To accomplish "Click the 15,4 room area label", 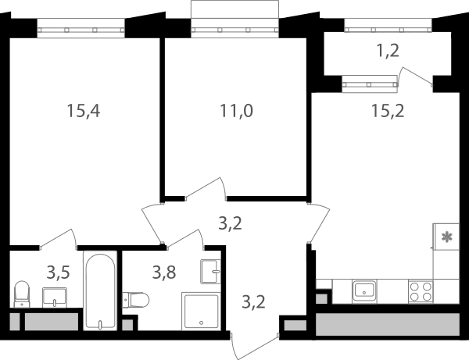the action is pos(84,111).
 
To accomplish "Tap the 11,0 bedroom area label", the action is pos(236,111).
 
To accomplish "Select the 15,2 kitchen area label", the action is pos(388,111).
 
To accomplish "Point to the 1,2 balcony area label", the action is pos(388,51).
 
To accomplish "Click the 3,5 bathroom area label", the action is pos(59,273).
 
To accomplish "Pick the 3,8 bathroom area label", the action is pos(164,273).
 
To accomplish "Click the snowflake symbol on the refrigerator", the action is pos(447,237).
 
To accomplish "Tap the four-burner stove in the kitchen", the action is pos(421,291).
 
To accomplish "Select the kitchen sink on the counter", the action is pos(364,290).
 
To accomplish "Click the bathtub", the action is pos(100,290).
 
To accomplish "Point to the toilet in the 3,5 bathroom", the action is pos(22,294).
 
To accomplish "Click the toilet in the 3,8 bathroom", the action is pos(136,300).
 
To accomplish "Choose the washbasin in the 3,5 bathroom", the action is pos(55,298).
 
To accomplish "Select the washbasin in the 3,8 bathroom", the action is pos(210,272).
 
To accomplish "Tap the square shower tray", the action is pos(202,312).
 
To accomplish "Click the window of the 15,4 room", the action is pos(81,28).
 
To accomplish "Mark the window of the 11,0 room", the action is pos(234,28).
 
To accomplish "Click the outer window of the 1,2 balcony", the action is pos(388,26).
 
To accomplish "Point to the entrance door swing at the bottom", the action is pos(254,347).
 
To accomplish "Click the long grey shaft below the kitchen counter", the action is pos(388,324).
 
